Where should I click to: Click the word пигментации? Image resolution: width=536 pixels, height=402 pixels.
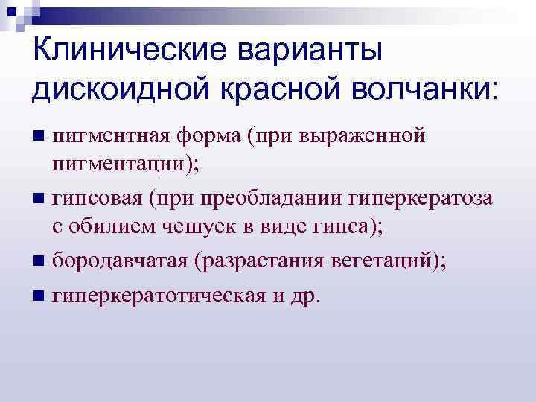pos(121,164)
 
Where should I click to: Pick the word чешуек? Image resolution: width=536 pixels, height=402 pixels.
pos(191,227)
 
